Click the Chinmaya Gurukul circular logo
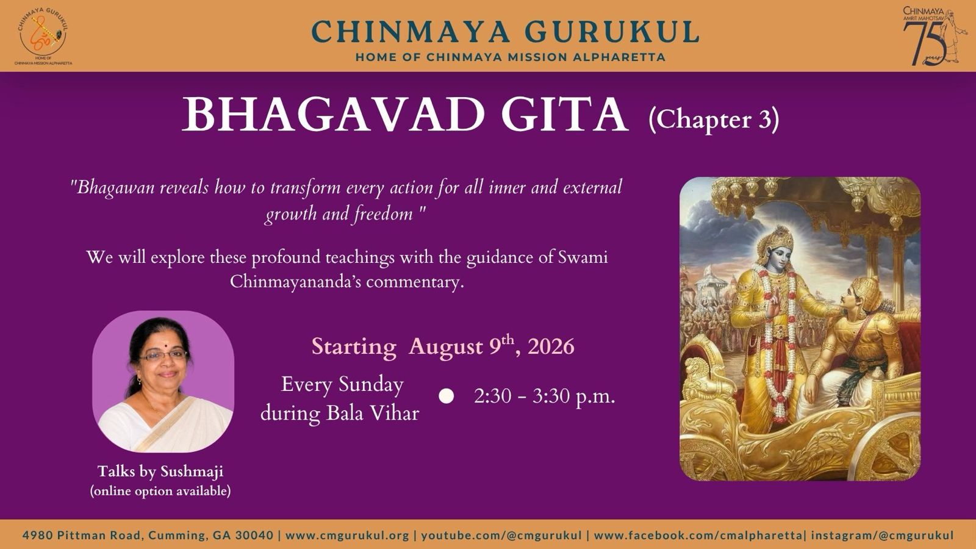tap(43, 35)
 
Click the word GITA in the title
tap(565, 115)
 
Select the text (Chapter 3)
tap(714, 120)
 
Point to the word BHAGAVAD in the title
tap(333, 115)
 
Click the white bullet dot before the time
tap(446, 396)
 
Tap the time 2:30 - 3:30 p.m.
tap(545, 396)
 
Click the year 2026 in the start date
tap(551, 347)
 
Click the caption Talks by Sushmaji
tap(160, 472)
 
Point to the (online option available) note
tap(160, 491)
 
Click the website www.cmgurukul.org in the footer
tap(347, 535)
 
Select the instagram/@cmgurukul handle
tap(882, 535)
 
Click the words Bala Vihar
tap(373, 413)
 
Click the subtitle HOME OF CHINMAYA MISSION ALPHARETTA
tap(510, 57)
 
